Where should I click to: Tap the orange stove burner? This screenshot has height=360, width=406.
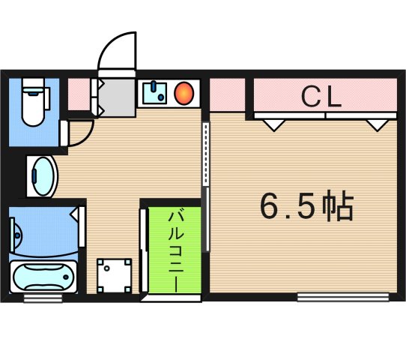(184, 94)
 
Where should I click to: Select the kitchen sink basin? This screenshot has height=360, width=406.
(156, 93)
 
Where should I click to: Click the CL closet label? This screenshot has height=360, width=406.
(321, 96)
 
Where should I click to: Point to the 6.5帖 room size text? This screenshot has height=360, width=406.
(306, 206)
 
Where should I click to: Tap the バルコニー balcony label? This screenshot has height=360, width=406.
(175, 248)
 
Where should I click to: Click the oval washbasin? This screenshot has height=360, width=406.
(43, 176)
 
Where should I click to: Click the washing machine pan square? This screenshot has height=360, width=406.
(115, 275)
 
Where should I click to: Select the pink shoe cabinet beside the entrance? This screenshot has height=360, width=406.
(79, 94)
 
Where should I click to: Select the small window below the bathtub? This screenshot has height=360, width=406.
(43, 298)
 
